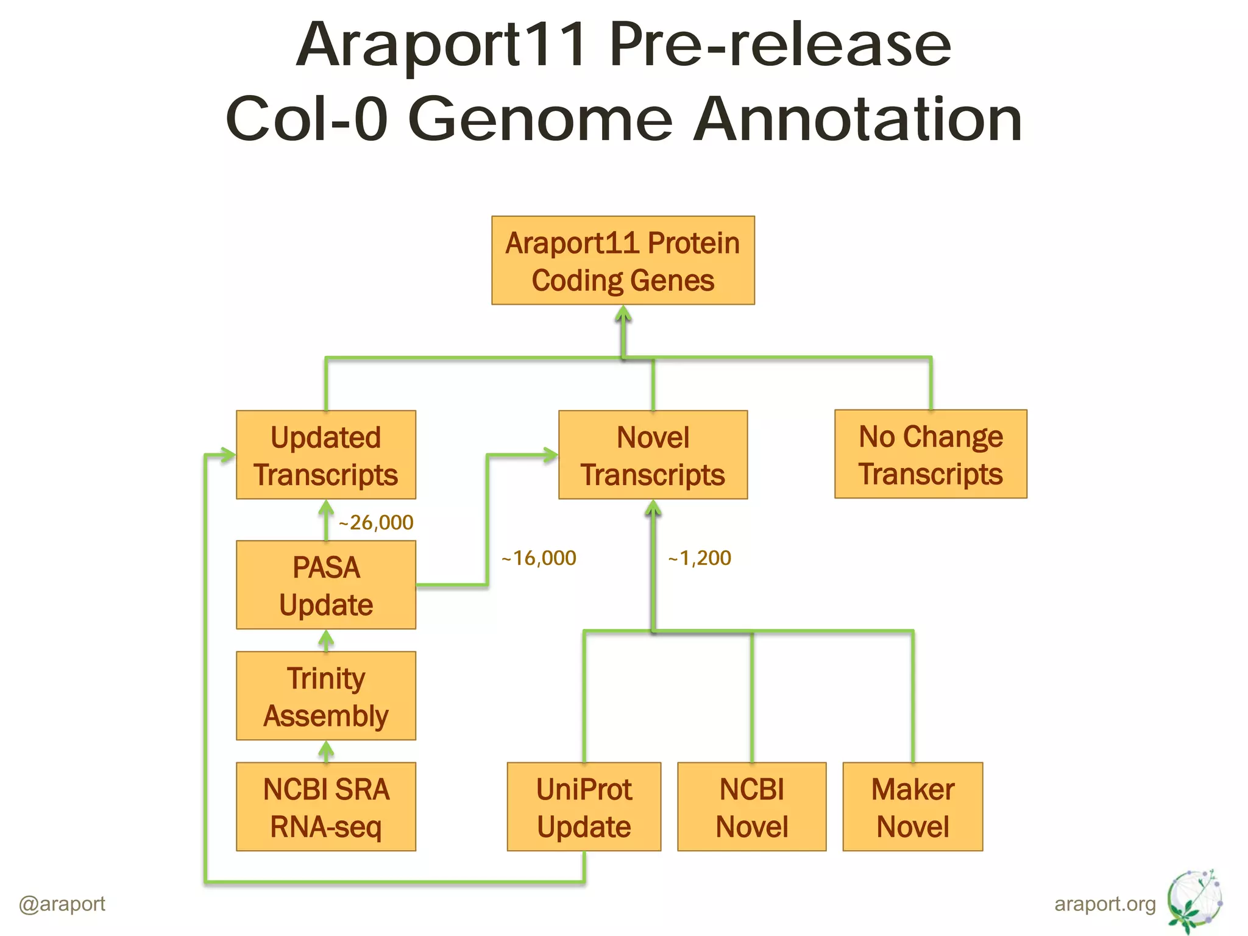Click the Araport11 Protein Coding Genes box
click(x=623, y=260)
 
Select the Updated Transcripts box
click(x=326, y=455)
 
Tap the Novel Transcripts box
click(x=653, y=455)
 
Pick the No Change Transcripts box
click(x=931, y=454)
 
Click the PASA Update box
click(x=326, y=585)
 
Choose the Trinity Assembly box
click(x=326, y=696)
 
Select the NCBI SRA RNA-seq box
click(x=326, y=807)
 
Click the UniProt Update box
click(x=584, y=807)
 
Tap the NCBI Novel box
click(x=752, y=807)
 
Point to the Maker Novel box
click(x=913, y=807)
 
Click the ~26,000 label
click(x=376, y=523)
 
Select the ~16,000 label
click(x=539, y=558)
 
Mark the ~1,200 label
click(x=700, y=558)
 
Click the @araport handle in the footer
click(x=62, y=903)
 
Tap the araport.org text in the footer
click(x=1105, y=904)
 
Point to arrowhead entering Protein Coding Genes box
click(x=623, y=313)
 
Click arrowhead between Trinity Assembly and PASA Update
click(x=326, y=639)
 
